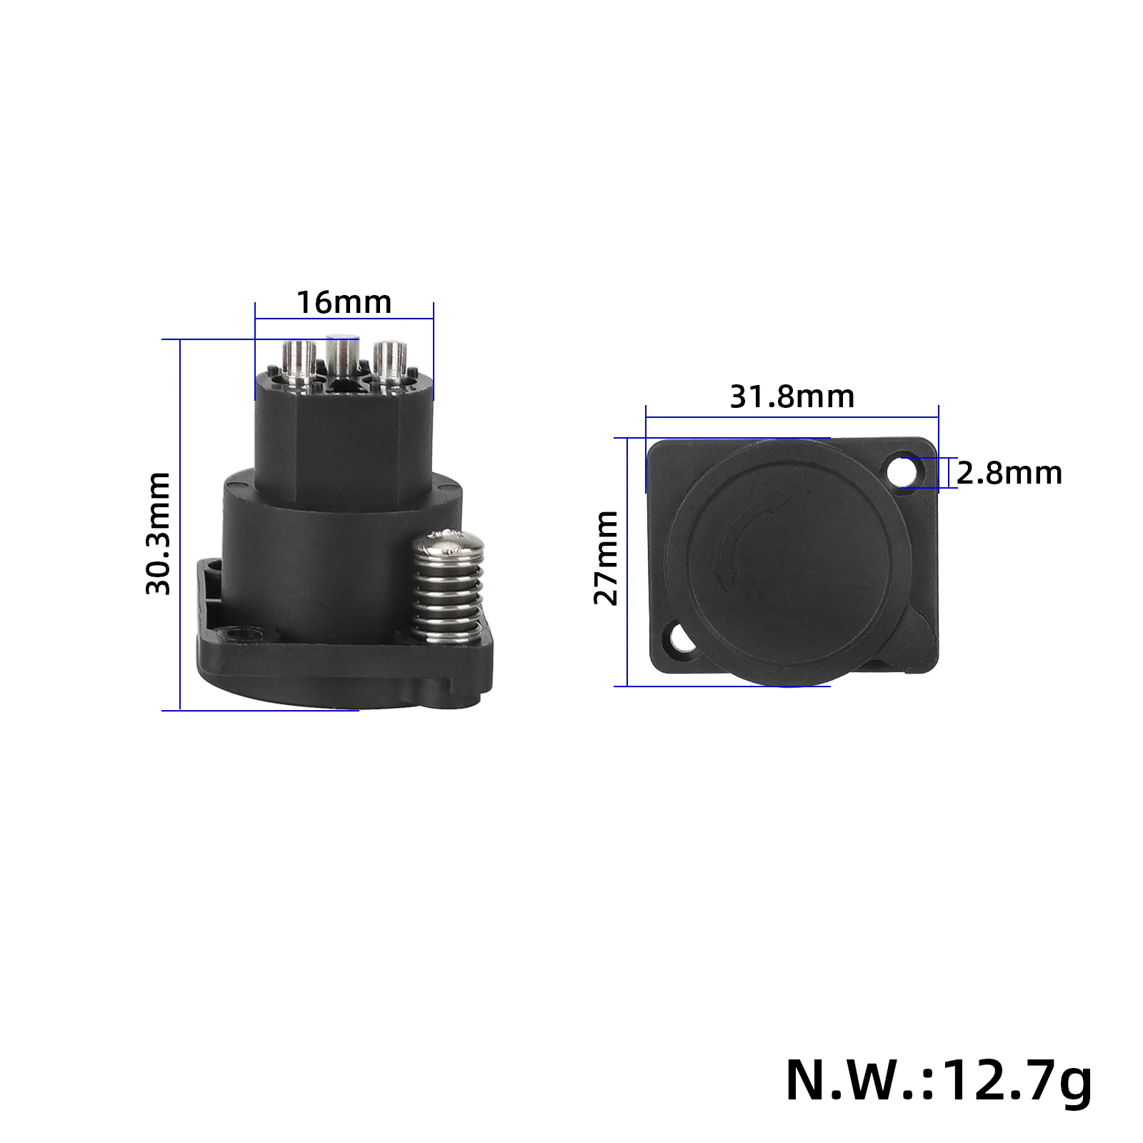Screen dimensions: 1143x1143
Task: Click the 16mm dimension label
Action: pos(344,303)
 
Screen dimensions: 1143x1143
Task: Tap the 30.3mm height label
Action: pos(159,534)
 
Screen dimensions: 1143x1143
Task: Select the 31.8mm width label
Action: pos(792,396)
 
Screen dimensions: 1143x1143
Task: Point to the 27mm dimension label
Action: pos(606,558)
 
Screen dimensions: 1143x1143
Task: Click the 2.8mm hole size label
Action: pos(1009,474)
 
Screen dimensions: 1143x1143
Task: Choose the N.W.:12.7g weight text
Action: pos(939,1081)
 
